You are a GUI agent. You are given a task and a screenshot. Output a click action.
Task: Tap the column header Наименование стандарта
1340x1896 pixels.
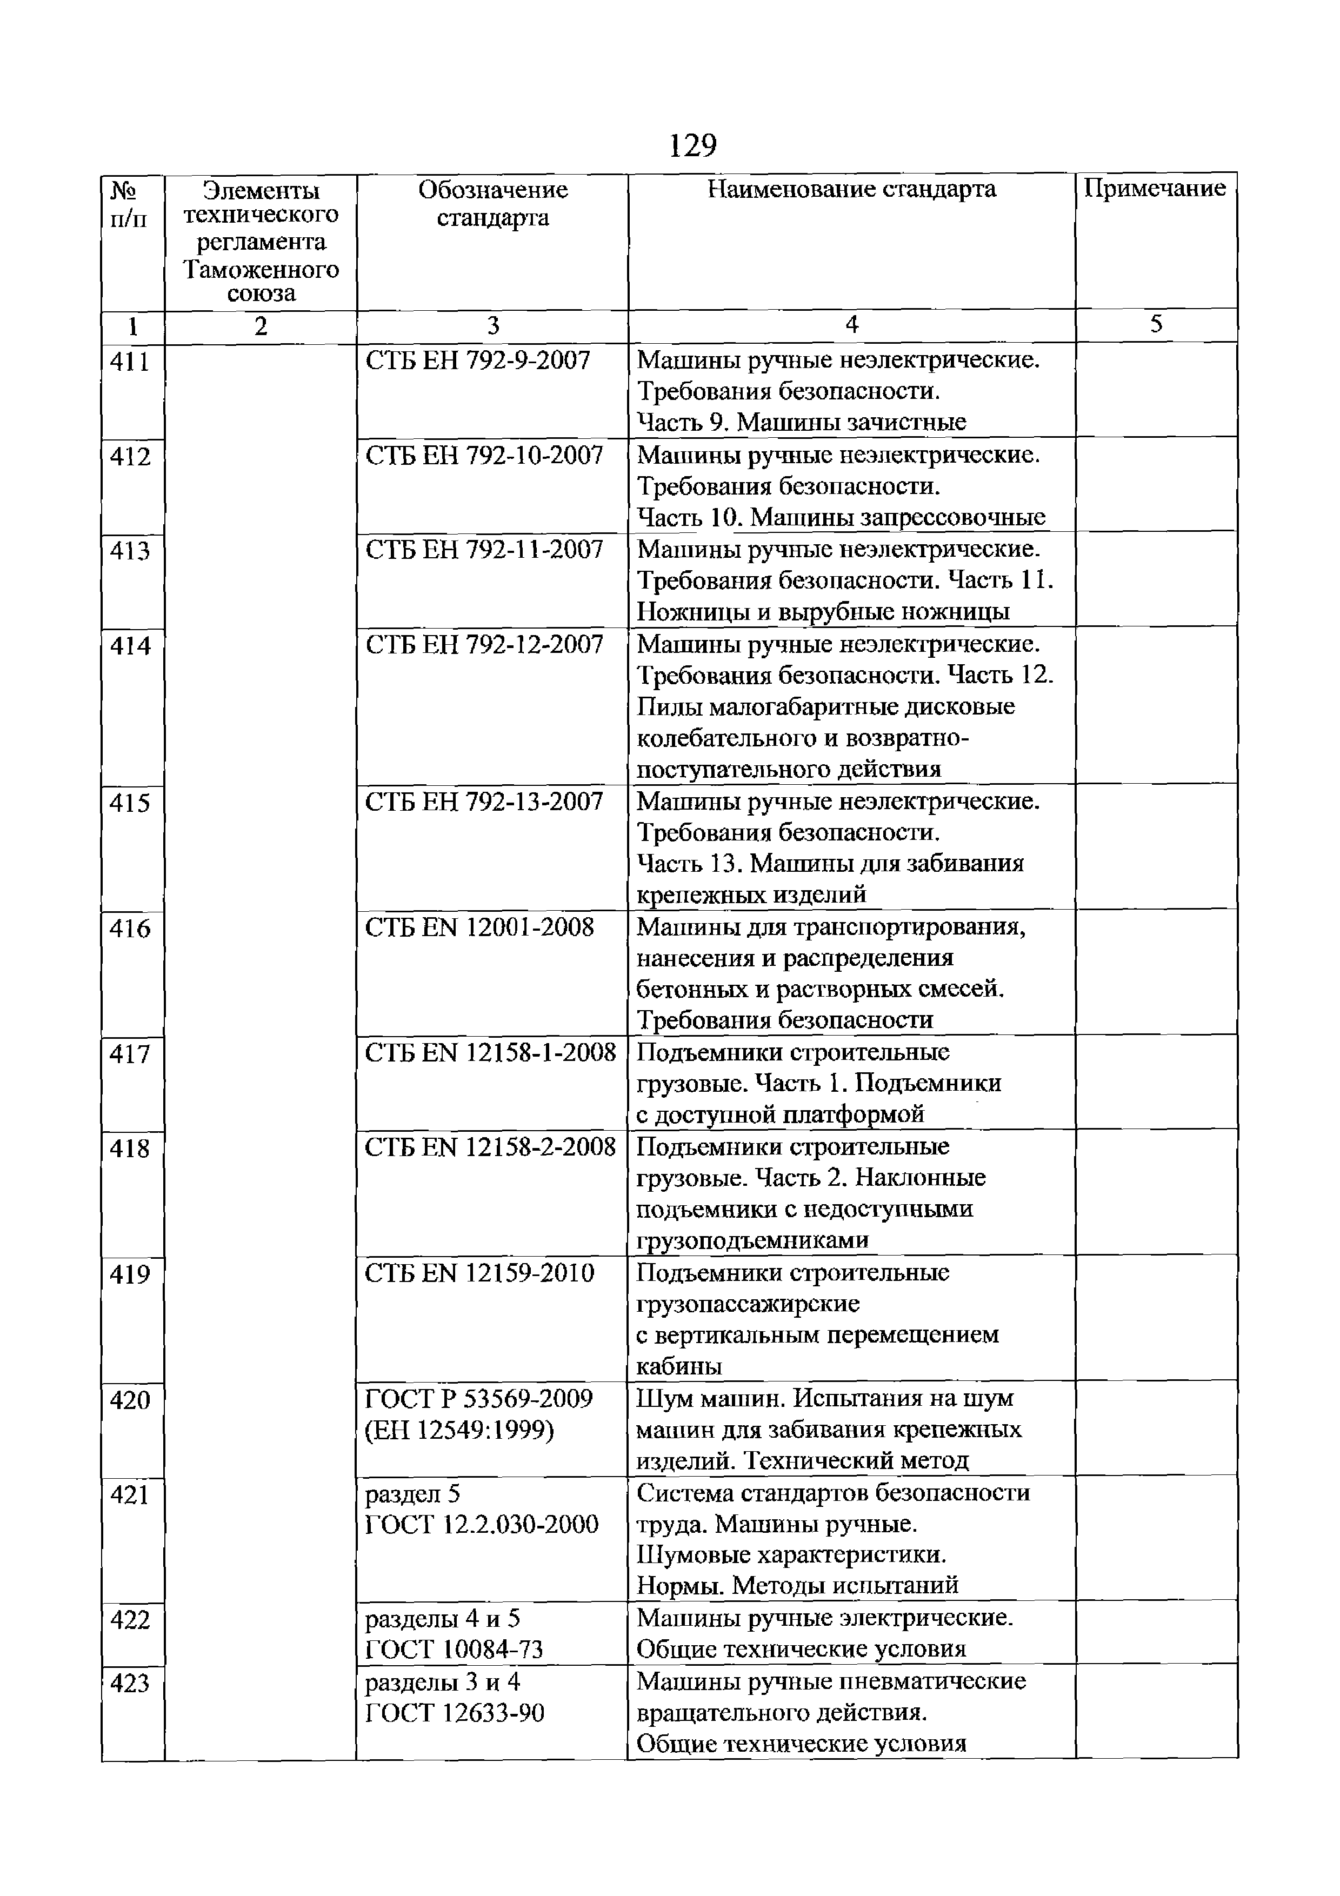851,189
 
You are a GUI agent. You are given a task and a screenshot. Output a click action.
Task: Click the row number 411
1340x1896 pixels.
130,362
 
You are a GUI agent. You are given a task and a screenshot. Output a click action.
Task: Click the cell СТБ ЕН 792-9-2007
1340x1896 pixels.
478,361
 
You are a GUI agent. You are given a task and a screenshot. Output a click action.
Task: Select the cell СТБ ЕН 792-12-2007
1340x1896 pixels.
485,645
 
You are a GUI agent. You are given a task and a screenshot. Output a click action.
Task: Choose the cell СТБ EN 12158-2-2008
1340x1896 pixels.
490,1147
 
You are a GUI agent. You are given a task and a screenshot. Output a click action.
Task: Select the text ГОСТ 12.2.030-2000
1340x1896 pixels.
481,1524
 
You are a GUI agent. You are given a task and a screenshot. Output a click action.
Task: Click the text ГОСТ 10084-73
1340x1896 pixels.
454,1650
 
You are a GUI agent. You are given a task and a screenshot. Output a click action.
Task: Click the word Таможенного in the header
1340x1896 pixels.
261,269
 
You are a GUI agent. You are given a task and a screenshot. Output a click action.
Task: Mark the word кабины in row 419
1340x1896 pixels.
679,1367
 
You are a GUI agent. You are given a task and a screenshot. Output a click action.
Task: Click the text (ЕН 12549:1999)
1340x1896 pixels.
459,1430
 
